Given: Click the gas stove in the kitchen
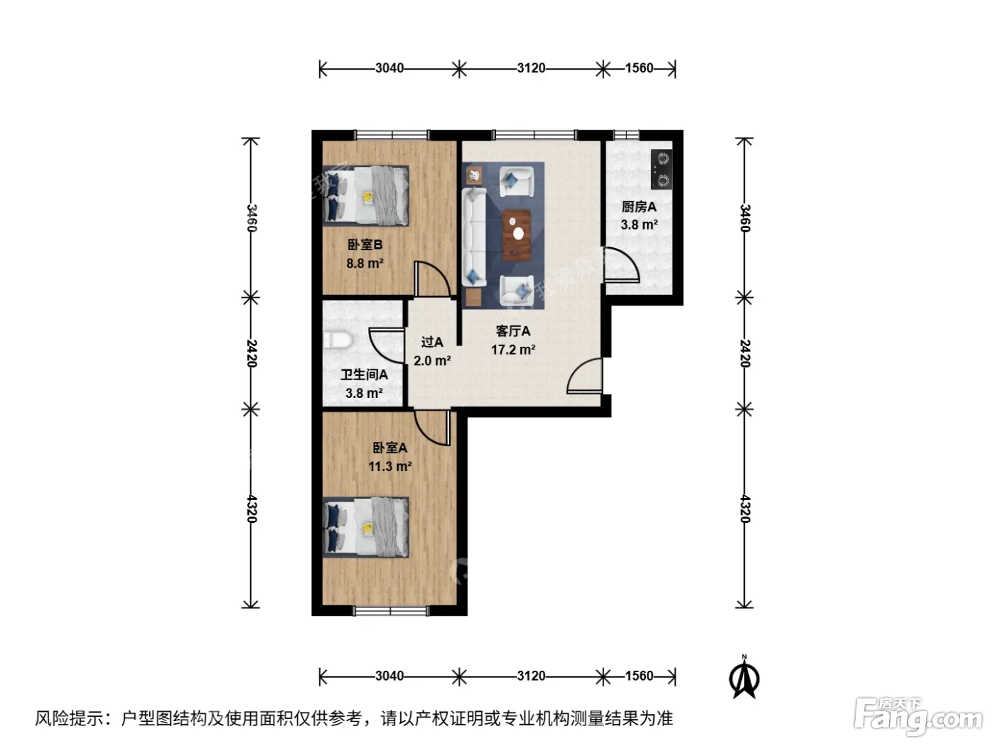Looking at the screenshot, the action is coord(662,169).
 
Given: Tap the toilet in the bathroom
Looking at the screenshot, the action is coord(338,340).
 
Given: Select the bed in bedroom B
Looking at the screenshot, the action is coord(365,195).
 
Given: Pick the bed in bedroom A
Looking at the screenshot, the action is coord(365,527).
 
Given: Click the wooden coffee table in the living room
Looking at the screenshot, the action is coord(517,236).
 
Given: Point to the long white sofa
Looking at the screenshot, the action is coord(474,237).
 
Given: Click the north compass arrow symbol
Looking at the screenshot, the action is coord(744,678).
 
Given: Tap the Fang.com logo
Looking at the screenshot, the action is coord(918,718).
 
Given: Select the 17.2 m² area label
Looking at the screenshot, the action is coord(513,350).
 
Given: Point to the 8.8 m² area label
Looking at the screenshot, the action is coord(365,263).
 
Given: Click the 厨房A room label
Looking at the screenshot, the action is coord(639,207).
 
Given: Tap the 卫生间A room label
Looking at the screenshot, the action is coord(364,374).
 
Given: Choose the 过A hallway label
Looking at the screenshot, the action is coord(432,342).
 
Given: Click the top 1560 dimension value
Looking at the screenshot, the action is coord(639,68).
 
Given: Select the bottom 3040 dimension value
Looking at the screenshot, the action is coord(389,676).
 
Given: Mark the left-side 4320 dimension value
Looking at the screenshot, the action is coord(252,509).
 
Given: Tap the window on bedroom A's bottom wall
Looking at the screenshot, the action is coord(391,612).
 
